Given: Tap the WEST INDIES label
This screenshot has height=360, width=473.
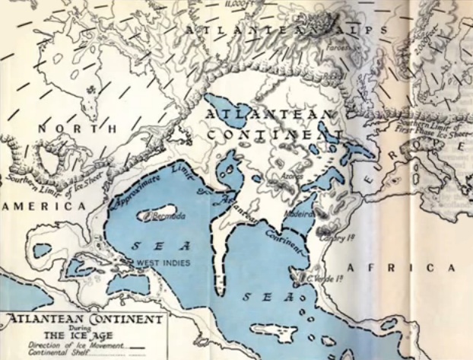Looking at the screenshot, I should coord(160,263).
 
